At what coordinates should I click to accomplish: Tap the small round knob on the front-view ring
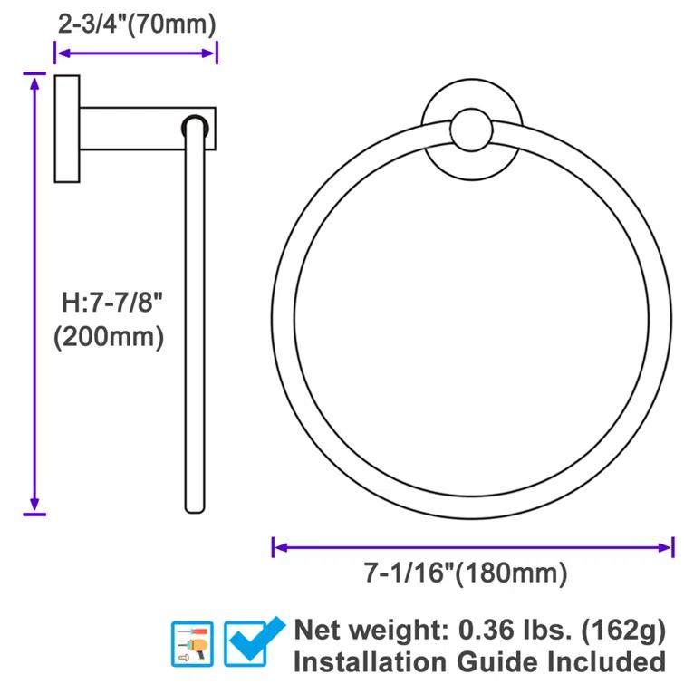point(473,131)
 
